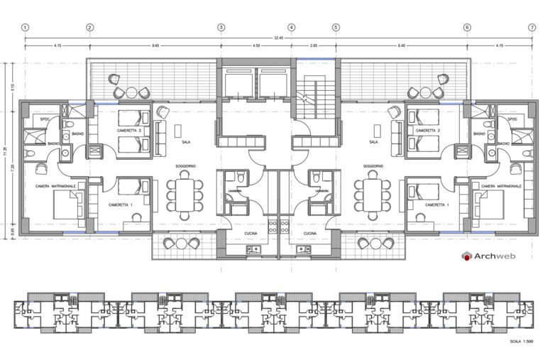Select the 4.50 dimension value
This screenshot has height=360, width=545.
point(256,46)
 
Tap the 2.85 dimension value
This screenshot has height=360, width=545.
point(313,46)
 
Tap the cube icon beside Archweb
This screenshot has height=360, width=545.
point(466,256)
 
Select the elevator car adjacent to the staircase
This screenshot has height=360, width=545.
point(273,85)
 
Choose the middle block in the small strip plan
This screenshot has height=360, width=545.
point(272,311)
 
